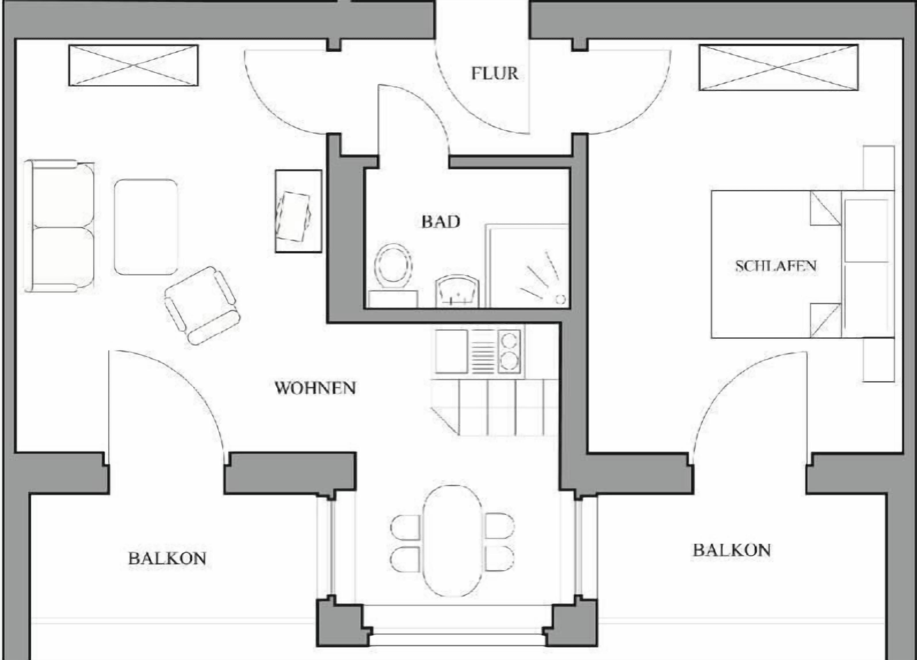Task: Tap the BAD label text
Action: click(x=441, y=222)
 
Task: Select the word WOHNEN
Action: click(x=315, y=388)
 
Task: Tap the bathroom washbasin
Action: click(x=457, y=291)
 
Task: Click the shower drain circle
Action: click(x=560, y=299)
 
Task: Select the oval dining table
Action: click(x=452, y=541)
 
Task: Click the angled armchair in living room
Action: click(x=202, y=306)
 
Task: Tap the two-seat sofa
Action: click(x=60, y=227)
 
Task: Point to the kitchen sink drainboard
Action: click(x=483, y=351)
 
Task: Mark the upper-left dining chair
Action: click(x=405, y=527)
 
